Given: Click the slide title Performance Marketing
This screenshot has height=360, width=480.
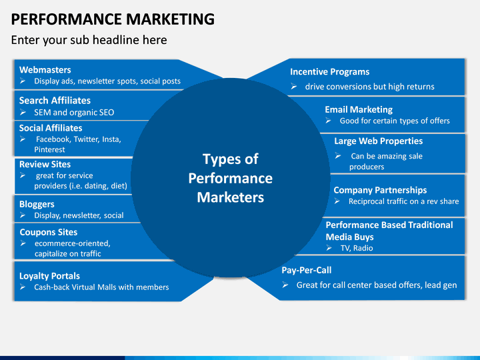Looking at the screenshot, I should [x=113, y=19].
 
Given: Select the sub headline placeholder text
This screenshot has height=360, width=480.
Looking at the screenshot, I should [x=89, y=40].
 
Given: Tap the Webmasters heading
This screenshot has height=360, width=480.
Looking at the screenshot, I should [x=45, y=69].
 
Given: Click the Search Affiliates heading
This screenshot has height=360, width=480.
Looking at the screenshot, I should [x=55, y=100].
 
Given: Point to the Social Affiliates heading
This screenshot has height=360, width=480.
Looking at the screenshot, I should [x=51, y=128].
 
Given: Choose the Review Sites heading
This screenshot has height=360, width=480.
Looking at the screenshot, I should [x=45, y=164].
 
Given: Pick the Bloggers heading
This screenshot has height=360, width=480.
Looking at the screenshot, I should [x=37, y=204].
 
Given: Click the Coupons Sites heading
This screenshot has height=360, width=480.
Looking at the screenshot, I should [x=48, y=232].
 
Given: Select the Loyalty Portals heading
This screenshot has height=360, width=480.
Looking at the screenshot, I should [x=49, y=275].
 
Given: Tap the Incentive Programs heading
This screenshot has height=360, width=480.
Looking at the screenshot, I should [x=329, y=72].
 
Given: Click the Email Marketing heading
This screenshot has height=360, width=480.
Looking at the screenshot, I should [x=358, y=109].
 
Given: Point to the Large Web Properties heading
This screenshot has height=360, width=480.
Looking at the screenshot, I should [x=378, y=141].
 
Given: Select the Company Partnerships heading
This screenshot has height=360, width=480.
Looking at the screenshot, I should [x=380, y=190].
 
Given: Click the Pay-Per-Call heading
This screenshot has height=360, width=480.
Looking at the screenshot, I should [x=306, y=270].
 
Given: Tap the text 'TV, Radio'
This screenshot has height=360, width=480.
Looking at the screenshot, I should [x=356, y=248].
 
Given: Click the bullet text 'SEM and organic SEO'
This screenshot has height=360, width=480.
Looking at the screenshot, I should [x=74, y=112].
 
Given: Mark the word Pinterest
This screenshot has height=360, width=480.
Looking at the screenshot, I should [x=50, y=149].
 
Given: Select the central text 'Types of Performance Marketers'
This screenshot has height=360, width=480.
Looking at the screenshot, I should [x=230, y=178].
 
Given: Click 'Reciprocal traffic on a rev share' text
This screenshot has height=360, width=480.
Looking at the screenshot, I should [x=403, y=201].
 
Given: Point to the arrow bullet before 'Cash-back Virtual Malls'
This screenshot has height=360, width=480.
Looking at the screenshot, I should [x=23, y=287].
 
